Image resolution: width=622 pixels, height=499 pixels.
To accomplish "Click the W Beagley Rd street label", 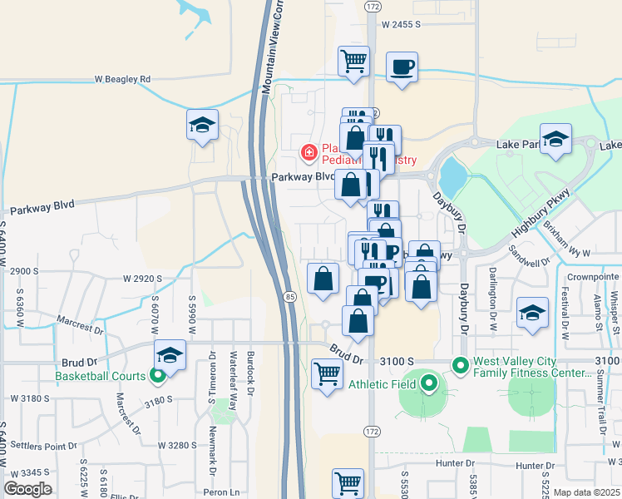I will (122, 79).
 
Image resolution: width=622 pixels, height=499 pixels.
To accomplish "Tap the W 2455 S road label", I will (409, 26).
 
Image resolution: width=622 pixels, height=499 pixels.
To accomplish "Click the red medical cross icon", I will (308, 152).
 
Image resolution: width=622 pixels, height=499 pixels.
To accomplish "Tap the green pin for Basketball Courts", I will (156, 376).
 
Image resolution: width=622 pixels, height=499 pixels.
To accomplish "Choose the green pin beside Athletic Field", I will (428, 383).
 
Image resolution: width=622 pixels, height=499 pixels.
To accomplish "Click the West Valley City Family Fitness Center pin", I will (460, 364).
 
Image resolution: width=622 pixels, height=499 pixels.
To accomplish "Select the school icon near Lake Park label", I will (555, 140).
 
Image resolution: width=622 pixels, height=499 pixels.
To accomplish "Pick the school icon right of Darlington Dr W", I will (531, 313).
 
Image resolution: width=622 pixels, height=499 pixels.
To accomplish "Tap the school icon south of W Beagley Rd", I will (202, 125).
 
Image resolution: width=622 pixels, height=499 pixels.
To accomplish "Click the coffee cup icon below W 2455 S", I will (402, 67).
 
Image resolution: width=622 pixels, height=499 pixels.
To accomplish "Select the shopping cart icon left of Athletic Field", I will (327, 374).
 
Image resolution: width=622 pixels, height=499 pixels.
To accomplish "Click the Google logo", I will (28, 489).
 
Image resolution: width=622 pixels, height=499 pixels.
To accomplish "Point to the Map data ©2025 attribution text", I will (587, 492).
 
